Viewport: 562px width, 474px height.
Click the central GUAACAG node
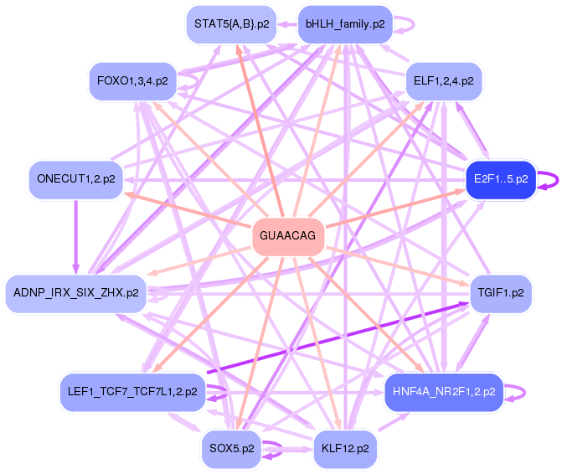pyautogui.click(x=288, y=236)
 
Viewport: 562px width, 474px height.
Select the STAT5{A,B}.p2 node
pyautogui.click(x=231, y=24)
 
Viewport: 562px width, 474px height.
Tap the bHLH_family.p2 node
pyautogui.click(x=344, y=24)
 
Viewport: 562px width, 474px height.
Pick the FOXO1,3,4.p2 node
pyautogui.click(x=132, y=81)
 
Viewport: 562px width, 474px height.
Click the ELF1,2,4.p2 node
pyautogui.click(x=443, y=81)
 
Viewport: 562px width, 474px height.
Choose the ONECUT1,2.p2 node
pyautogui.click(x=76, y=178)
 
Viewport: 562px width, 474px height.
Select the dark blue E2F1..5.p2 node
pyautogui.click(x=500, y=178)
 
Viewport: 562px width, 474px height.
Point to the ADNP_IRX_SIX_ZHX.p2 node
pyautogui.click(x=76, y=293)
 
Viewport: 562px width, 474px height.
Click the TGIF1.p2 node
pyautogui.click(x=501, y=293)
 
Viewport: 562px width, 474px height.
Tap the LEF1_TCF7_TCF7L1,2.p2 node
pyautogui.click(x=132, y=391)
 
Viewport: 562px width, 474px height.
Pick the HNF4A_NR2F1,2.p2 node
pyautogui.click(x=443, y=391)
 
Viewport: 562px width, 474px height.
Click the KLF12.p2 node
pyautogui.click(x=344, y=448)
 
